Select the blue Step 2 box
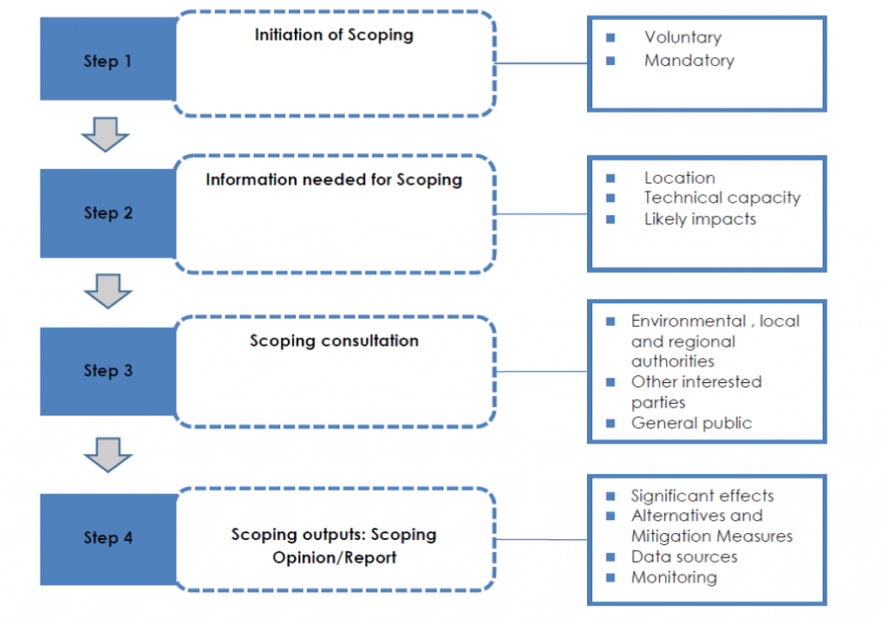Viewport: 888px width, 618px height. pos(108,213)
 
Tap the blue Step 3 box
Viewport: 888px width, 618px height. pos(108,371)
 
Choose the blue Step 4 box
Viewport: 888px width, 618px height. pos(108,538)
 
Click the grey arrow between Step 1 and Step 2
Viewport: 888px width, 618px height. pos(105,135)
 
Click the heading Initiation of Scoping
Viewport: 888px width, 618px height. pos(334,36)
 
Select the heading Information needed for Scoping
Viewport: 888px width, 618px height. pos(334,180)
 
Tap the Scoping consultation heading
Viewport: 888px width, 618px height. pos(334,341)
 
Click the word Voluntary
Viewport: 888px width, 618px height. pos(682,37)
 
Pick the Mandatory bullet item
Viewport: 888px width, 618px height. pos(689,61)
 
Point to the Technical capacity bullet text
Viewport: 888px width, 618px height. pos(721,198)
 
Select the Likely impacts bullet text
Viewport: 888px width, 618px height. pos(700,219)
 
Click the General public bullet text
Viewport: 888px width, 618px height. pos(691,423)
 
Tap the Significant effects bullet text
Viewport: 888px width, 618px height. pos(702,496)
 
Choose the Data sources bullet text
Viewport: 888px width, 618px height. pos(684,556)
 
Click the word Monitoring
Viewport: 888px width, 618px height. pos(674,577)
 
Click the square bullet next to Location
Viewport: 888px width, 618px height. pos(610,178)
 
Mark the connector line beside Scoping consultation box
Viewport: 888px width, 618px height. pos(541,372)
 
